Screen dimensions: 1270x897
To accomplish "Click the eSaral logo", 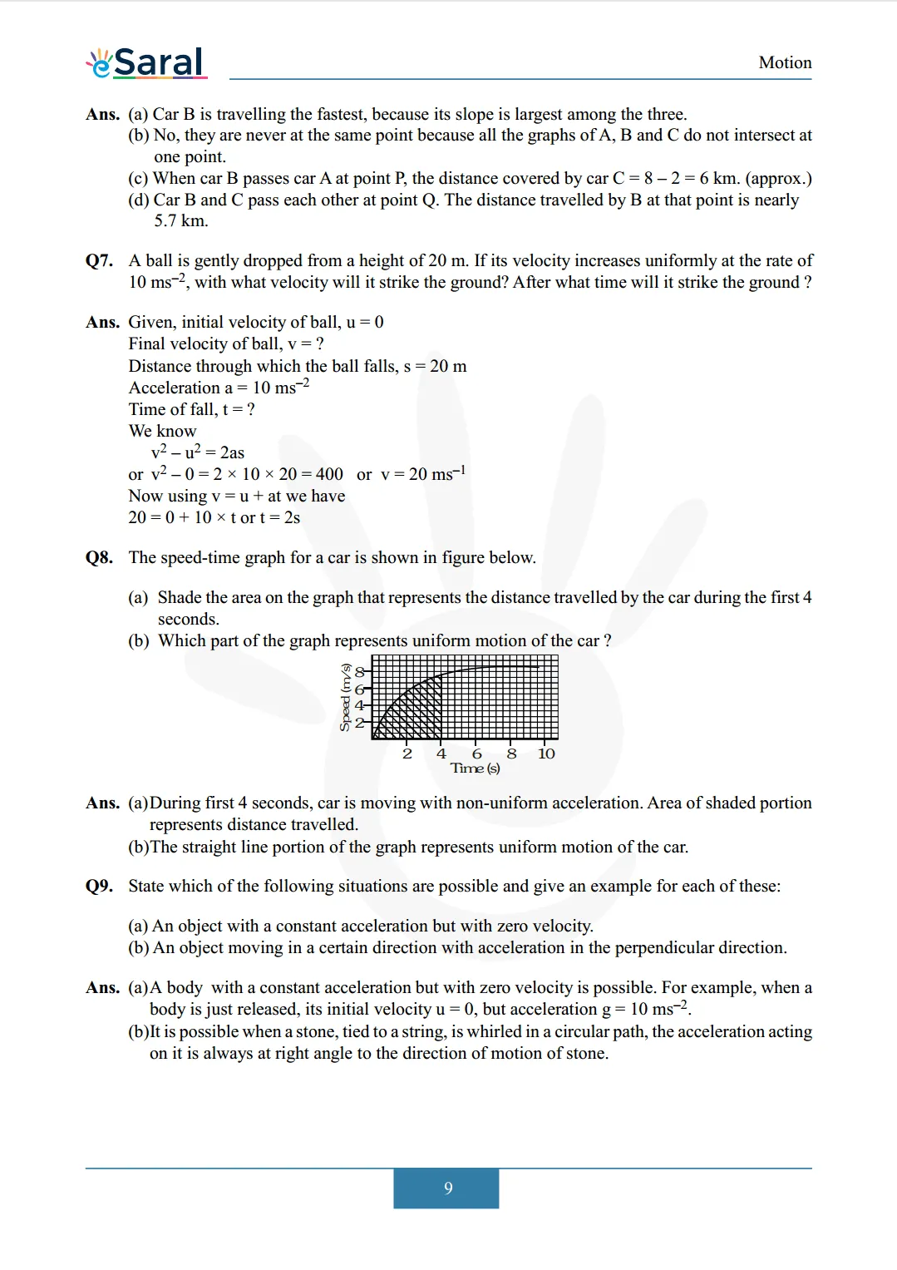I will (146, 62).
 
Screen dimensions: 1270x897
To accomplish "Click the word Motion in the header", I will (785, 62).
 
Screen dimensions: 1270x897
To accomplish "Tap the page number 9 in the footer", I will (448, 1188).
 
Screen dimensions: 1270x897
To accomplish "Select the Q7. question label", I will (99, 260).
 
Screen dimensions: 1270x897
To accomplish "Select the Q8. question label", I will (99, 557).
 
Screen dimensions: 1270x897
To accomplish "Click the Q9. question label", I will (99, 886).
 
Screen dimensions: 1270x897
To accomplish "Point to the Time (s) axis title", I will (475, 768).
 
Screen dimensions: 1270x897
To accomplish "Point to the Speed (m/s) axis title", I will (345, 697).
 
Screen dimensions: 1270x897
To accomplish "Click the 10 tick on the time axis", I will (546, 754).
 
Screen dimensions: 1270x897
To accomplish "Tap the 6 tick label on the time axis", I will (476, 754).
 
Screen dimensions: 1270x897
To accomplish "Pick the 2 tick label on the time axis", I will (407, 754).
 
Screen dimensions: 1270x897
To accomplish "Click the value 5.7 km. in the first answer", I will (180, 220).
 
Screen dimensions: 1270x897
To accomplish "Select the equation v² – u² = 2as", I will (198, 452).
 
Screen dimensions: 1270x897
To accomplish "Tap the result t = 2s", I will (280, 517).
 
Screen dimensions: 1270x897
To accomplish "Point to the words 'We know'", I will (162, 431).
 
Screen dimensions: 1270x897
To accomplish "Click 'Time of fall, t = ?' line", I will (191, 409).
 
